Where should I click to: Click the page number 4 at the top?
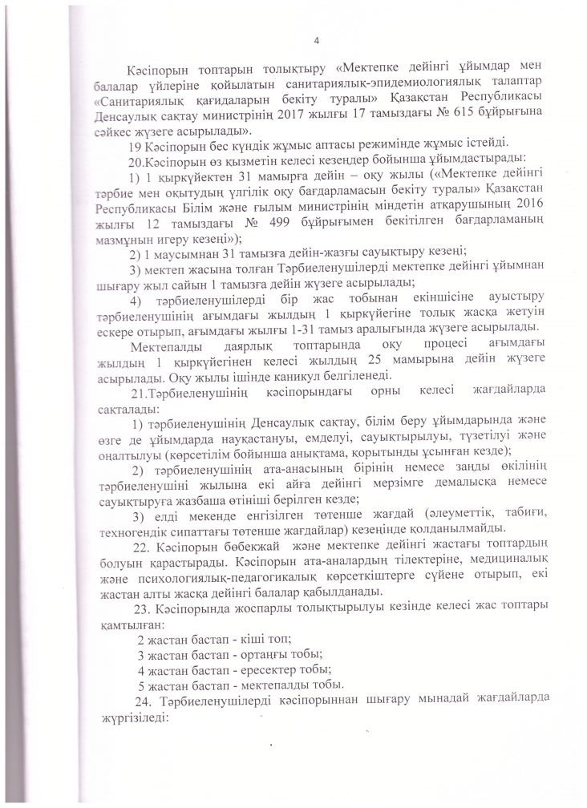tap(318, 41)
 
